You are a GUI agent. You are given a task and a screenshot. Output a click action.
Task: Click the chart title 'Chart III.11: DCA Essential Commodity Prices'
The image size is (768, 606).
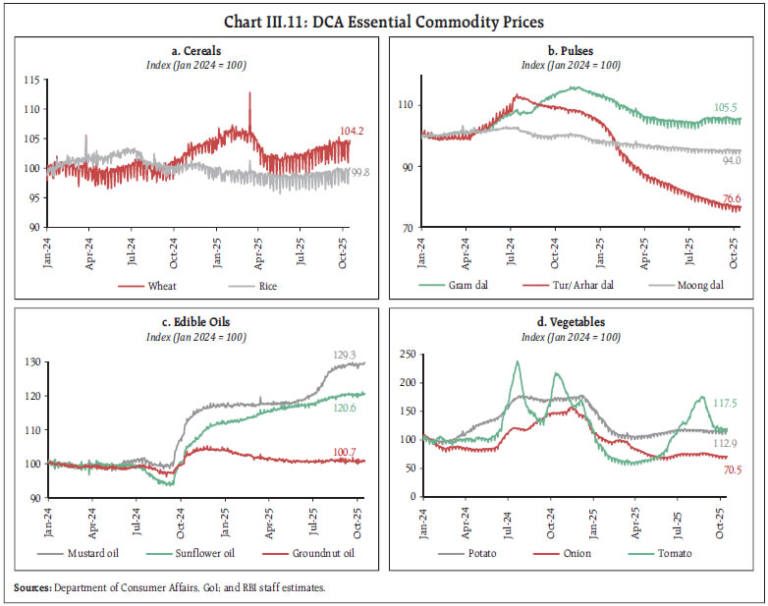click(383, 21)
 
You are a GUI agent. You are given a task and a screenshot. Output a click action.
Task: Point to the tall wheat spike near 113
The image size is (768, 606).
click(249, 95)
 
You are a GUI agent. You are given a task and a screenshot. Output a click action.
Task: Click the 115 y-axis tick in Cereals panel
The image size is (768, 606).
click(34, 80)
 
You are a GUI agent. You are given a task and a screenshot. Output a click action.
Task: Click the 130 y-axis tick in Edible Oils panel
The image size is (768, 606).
click(34, 362)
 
